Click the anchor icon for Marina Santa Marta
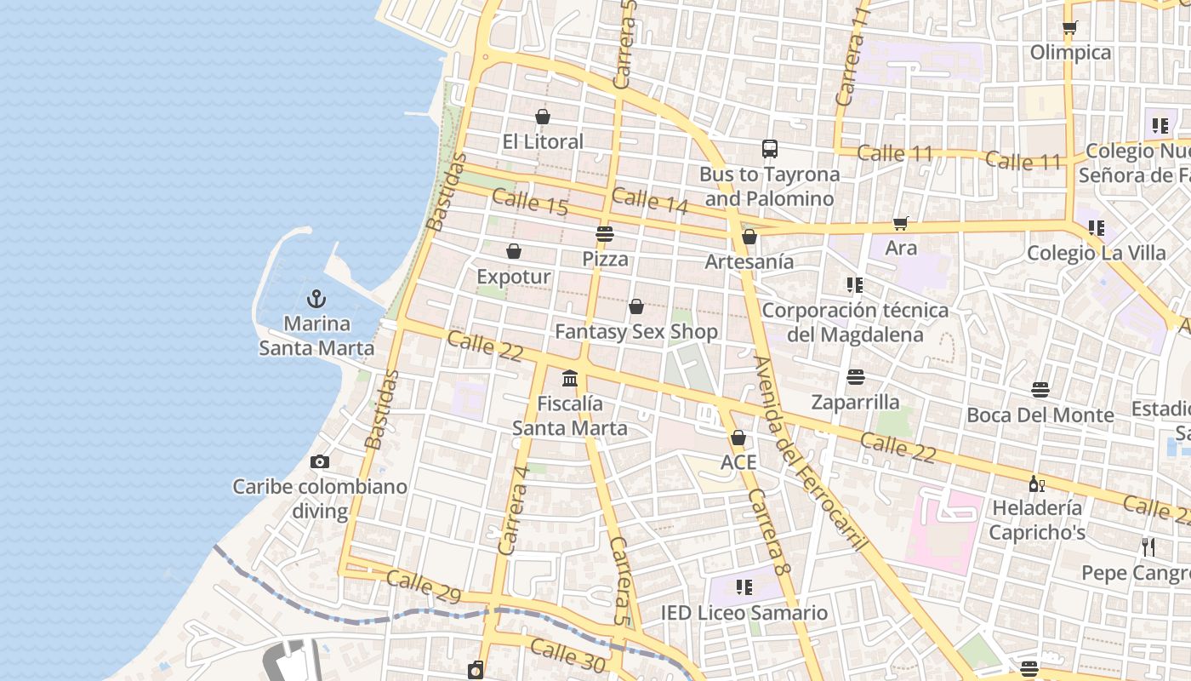[x=316, y=299]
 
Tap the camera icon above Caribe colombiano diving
[x=320, y=461]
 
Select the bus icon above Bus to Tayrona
[x=770, y=149]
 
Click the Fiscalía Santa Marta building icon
[x=570, y=378]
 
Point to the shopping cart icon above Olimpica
[x=1070, y=28]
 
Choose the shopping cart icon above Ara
[x=901, y=223]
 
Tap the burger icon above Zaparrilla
[x=856, y=376]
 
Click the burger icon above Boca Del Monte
[x=1040, y=390]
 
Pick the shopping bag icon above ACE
[x=738, y=438]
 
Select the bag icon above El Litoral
[x=543, y=117]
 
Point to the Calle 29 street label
[x=424, y=587]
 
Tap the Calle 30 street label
[x=567, y=654]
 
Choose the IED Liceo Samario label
[x=744, y=613]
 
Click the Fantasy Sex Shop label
[x=636, y=331]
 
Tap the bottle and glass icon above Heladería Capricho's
[x=1037, y=484]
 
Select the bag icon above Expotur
[x=514, y=251]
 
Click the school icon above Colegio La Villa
[x=1097, y=228]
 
